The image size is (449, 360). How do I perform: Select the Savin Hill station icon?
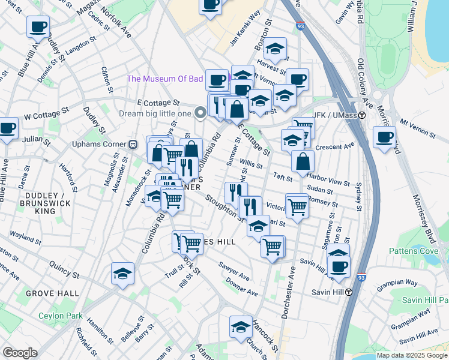point(348,292)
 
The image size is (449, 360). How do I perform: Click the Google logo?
point(20,353)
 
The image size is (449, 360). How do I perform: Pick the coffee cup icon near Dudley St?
point(38,27)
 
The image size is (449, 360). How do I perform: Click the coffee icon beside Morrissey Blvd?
point(384,137)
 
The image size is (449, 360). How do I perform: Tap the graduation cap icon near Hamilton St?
point(122,274)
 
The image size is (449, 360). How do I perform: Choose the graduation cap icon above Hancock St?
point(241,326)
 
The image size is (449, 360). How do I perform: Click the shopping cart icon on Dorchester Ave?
point(273,246)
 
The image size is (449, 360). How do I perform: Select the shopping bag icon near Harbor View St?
point(304,161)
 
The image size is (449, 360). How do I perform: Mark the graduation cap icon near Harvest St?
point(275,49)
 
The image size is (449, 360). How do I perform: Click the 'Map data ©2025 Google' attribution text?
point(412,355)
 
